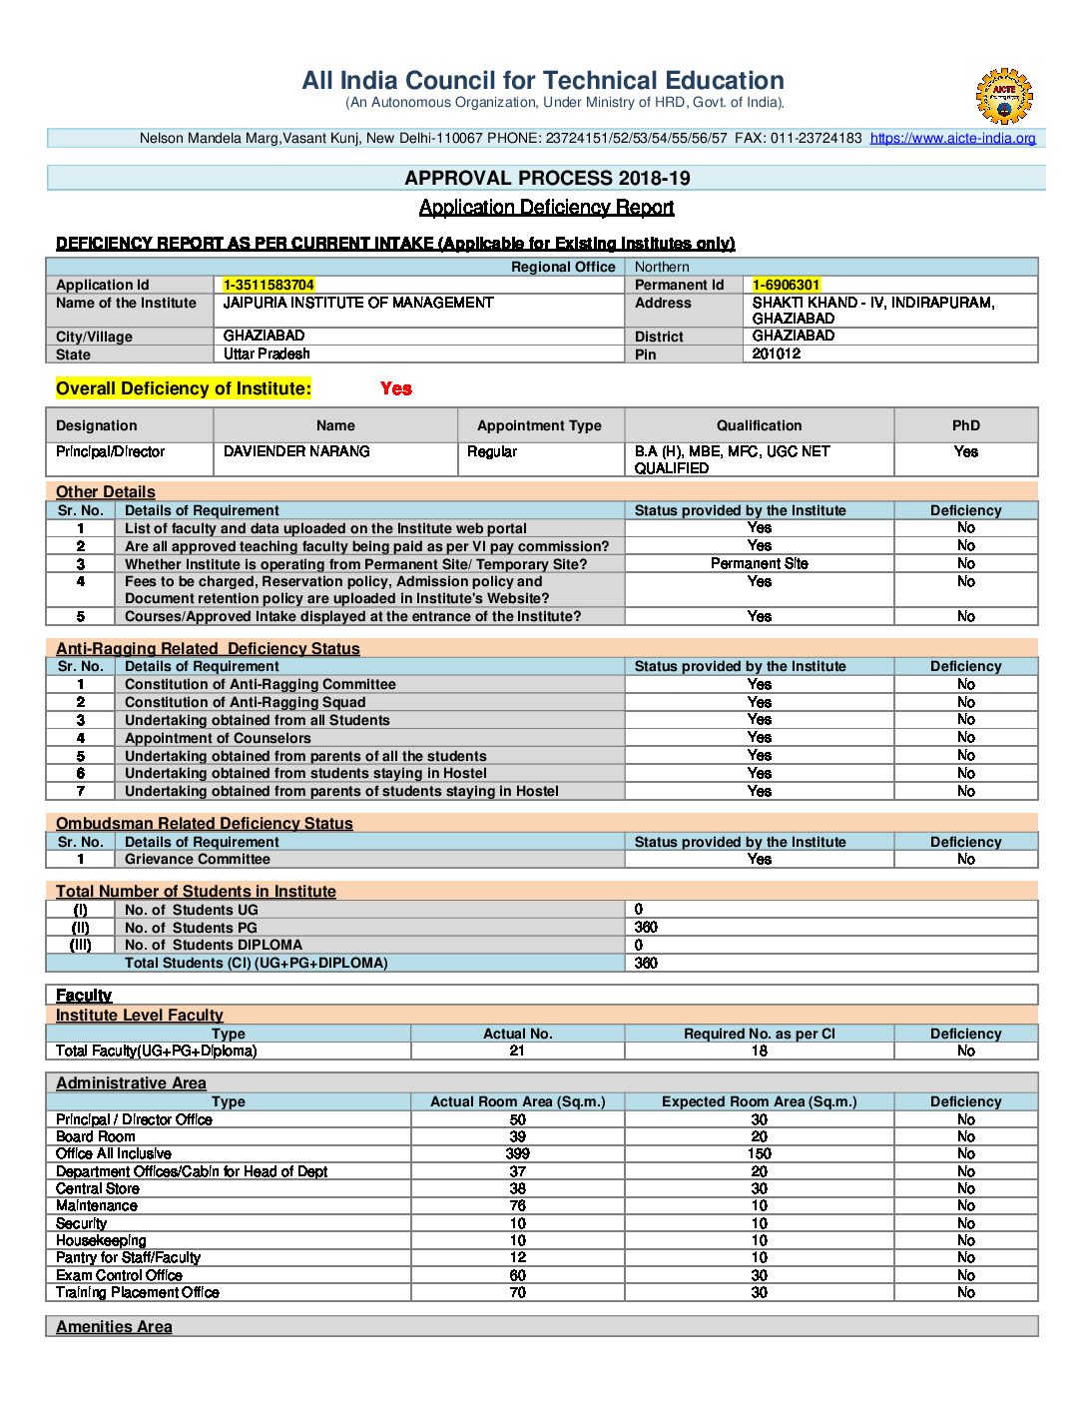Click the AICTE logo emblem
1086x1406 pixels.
coord(1003,95)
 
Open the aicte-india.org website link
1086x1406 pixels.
coord(952,139)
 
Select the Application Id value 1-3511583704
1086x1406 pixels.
coord(269,285)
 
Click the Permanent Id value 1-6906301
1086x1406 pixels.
coord(786,285)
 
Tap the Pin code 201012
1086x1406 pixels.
coord(776,353)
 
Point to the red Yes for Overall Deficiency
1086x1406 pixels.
coord(395,388)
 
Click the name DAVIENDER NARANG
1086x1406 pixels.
coord(296,451)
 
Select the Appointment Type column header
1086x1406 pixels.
coord(539,425)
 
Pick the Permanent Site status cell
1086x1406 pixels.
coord(759,563)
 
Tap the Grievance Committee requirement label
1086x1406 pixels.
coord(197,859)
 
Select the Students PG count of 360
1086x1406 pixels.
coord(646,927)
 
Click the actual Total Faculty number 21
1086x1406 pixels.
coord(517,1051)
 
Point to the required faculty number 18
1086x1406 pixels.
coord(759,1051)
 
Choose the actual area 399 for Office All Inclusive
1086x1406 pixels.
coord(517,1153)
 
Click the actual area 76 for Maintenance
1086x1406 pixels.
coord(517,1205)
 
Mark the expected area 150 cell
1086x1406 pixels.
coord(759,1153)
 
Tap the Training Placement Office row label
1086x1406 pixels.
coord(138,1292)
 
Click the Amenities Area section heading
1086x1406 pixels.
coord(114,1326)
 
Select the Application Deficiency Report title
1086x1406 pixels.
coord(546,207)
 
